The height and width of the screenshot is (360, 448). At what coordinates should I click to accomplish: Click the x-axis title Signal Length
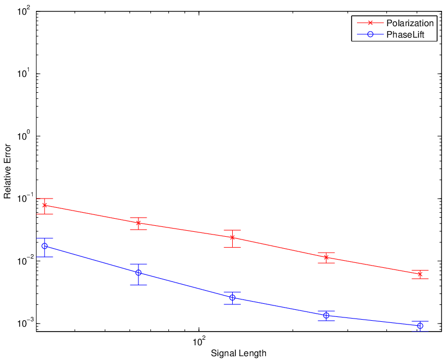pyautogui.click(x=239, y=353)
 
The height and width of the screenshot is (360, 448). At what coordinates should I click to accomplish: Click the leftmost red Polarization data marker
pyautogui.click(x=45, y=205)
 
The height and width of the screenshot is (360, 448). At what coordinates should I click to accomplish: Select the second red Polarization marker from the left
pyautogui.click(x=138, y=223)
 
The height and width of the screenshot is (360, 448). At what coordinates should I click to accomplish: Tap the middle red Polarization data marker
pyautogui.click(x=232, y=237)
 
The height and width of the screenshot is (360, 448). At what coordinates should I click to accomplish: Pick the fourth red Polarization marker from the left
pyautogui.click(x=326, y=257)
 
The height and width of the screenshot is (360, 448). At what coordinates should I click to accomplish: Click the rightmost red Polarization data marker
pyautogui.click(x=420, y=274)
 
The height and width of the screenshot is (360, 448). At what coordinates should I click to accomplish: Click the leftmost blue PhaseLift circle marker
pyautogui.click(x=45, y=246)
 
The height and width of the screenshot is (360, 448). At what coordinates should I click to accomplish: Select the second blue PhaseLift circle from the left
pyautogui.click(x=138, y=273)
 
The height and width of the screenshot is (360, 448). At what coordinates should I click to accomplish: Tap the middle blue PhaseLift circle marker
pyautogui.click(x=232, y=298)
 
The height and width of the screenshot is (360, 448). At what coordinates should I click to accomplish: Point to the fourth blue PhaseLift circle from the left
pyautogui.click(x=326, y=315)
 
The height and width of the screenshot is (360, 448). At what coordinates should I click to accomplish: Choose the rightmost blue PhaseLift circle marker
pyautogui.click(x=420, y=326)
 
